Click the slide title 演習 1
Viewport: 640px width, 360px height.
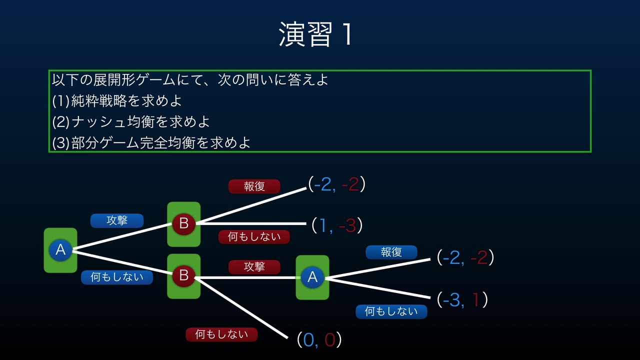point(316,34)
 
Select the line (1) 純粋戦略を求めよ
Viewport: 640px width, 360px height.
point(117,100)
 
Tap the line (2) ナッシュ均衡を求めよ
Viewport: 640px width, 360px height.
point(131,121)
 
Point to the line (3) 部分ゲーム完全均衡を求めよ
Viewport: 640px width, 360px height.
point(151,142)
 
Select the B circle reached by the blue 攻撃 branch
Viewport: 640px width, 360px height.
point(183,224)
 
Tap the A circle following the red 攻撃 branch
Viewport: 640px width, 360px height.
point(312,277)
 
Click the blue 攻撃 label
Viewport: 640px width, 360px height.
point(117,220)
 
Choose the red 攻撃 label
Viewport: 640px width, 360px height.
point(254,267)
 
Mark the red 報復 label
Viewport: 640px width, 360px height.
point(254,186)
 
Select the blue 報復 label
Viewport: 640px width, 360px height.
point(391,252)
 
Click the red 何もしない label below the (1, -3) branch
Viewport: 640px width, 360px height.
point(254,237)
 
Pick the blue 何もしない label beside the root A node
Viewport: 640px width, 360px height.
point(116,277)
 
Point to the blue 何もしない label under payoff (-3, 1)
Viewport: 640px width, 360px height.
point(391,311)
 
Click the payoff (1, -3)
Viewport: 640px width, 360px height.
point(336,225)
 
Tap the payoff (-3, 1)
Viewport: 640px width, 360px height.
point(462,299)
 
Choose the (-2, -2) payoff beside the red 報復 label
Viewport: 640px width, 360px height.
point(336,184)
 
